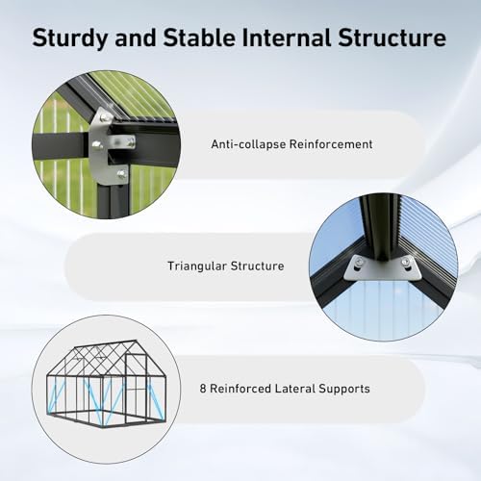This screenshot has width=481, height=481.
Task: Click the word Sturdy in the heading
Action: click(x=69, y=38)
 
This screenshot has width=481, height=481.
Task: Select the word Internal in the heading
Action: click(x=287, y=37)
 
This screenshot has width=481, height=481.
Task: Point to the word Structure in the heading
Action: click(x=392, y=38)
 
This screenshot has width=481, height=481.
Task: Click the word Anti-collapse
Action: click(x=248, y=144)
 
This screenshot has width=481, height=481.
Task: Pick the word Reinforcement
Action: click(x=331, y=144)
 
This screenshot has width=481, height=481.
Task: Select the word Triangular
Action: click(x=197, y=266)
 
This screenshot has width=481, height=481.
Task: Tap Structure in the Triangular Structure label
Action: click(x=258, y=266)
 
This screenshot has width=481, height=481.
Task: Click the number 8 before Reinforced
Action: click(x=203, y=389)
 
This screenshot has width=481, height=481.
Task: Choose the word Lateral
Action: click(x=295, y=389)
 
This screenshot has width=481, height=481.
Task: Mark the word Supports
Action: click(x=344, y=390)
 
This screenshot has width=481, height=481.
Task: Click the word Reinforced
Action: click(x=240, y=389)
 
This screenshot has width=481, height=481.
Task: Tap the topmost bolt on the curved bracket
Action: click(x=106, y=118)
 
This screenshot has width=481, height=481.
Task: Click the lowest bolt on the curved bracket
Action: click(x=121, y=174)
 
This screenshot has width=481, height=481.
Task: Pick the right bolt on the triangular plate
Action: click(x=406, y=262)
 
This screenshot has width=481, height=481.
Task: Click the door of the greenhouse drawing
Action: click(x=136, y=388)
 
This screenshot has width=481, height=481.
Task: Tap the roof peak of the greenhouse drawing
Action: click(x=136, y=342)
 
